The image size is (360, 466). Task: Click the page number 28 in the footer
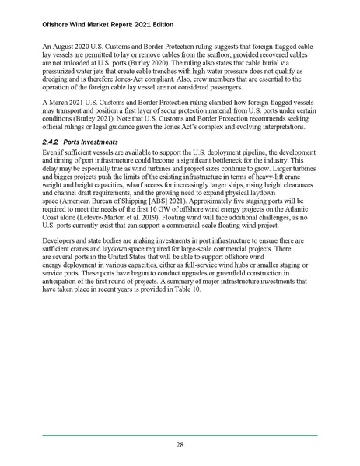tap(180, 444)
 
